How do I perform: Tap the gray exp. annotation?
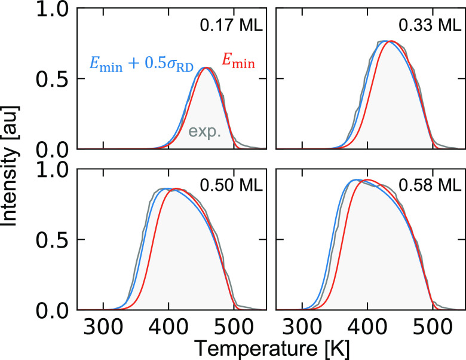click(205, 132)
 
